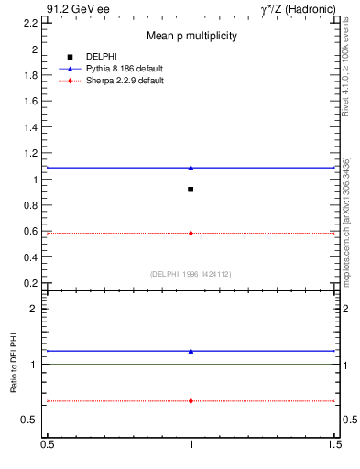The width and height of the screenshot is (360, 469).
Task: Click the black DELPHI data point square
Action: point(191,189)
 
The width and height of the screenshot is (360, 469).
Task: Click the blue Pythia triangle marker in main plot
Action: point(191,168)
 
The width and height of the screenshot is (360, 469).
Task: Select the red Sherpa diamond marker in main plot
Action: point(191,233)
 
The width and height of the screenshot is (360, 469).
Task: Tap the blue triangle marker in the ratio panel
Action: point(191,351)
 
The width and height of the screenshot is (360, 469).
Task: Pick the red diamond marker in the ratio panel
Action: point(191,400)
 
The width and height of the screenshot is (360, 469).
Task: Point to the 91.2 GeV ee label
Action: point(73,8)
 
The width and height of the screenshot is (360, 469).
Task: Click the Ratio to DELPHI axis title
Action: point(15,363)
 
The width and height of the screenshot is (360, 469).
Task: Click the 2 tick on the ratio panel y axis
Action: point(34,309)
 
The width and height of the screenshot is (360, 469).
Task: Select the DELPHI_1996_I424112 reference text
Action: point(191,274)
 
